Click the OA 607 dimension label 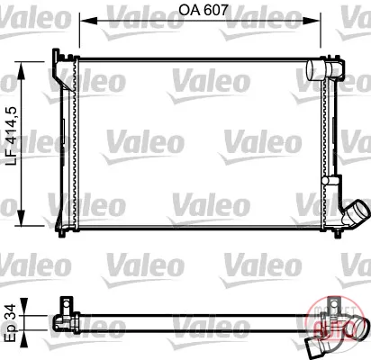pos(204,10)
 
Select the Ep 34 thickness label pos(12,322)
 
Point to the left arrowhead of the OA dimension pos(88,21)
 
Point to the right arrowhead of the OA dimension pos(312,21)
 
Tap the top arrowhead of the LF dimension pos(21,71)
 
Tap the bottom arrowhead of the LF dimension pos(21,218)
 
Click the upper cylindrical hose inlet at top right pos(315,70)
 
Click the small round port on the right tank pos(326,180)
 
